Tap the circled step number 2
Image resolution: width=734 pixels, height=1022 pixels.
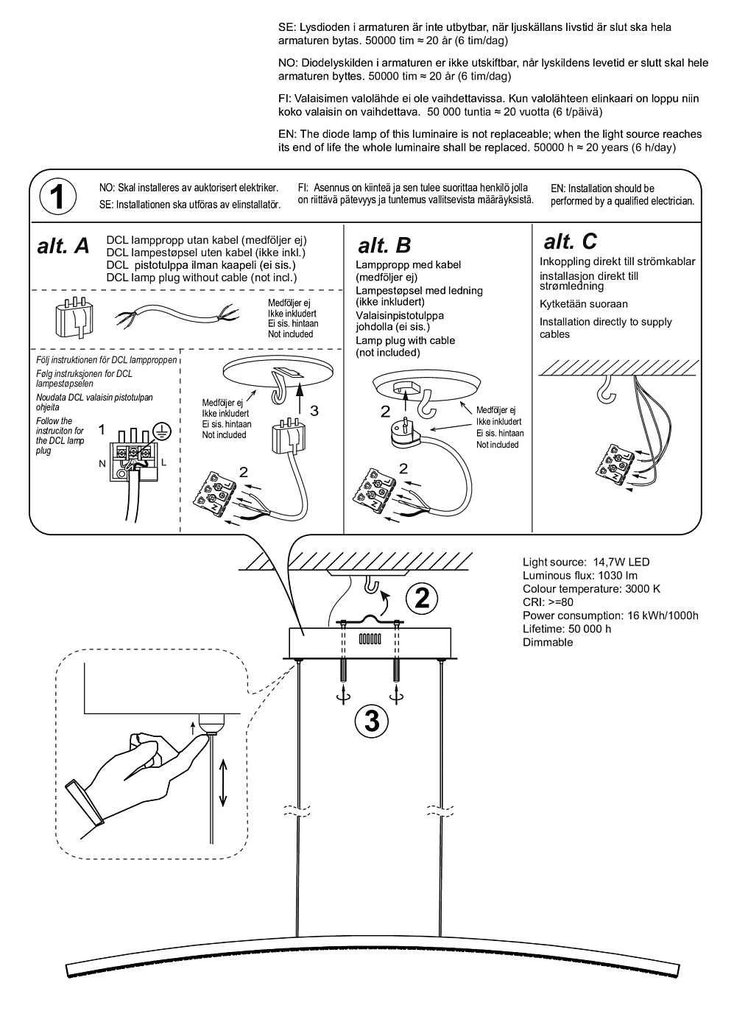[x=421, y=597]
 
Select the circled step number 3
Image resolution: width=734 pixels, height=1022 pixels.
[x=372, y=720]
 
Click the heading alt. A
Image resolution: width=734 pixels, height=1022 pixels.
[x=63, y=247]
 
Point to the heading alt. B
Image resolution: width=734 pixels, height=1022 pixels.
[x=384, y=244]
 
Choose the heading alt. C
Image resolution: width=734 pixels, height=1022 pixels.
[x=570, y=241]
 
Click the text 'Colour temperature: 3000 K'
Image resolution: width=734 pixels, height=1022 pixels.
[x=591, y=589]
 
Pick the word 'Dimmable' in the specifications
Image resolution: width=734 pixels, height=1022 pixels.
[x=548, y=642]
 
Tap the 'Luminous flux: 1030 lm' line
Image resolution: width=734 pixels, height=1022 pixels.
[x=580, y=576]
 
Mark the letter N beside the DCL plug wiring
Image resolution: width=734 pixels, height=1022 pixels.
[x=102, y=463]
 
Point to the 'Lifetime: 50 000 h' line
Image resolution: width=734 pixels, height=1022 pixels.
[x=567, y=629]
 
